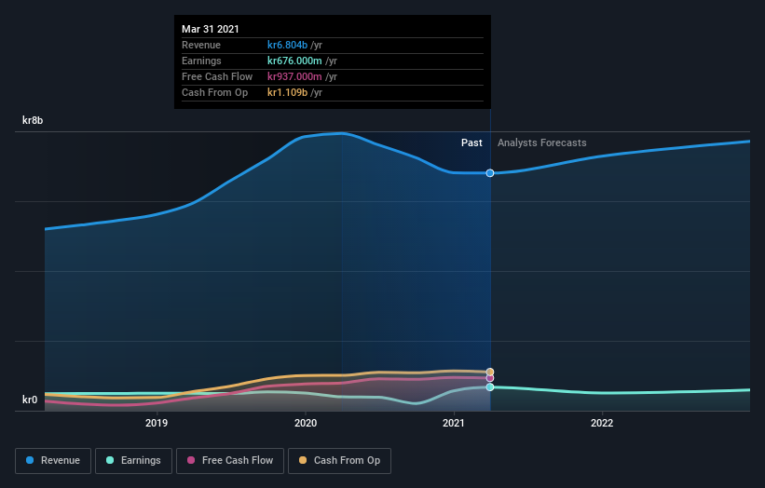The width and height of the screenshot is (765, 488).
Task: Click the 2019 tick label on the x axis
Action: (157, 423)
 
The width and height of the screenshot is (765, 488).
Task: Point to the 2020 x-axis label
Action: (306, 423)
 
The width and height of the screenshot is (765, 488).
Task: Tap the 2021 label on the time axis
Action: (454, 423)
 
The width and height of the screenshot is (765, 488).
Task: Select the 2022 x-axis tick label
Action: (602, 423)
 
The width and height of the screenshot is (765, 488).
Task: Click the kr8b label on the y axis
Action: (34, 121)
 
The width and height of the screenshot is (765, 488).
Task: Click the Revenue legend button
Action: (54, 460)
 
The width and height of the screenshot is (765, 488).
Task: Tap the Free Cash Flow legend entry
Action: (230, 460)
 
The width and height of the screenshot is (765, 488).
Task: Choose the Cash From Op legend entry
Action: (340, 460)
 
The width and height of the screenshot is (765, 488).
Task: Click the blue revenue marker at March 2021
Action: (490, 173)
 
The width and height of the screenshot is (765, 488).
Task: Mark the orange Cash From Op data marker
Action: (490, 372)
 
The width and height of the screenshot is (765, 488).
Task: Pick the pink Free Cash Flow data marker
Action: (490, 378)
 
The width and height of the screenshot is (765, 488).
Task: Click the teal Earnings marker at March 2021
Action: (490, 386)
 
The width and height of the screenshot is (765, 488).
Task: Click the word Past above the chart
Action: (471, 142)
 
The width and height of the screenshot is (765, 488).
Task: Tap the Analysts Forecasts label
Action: (542, 142)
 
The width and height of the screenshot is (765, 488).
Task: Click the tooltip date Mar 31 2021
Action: (211, 29)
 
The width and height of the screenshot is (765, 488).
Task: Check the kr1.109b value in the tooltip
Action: (289, 92)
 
